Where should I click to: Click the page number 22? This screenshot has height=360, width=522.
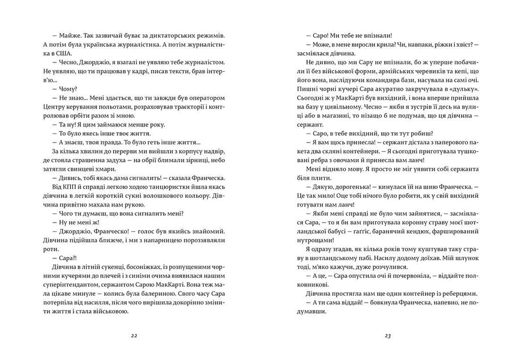click(x=134, y=336)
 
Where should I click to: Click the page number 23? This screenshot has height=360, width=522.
click(x=388, y=336)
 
